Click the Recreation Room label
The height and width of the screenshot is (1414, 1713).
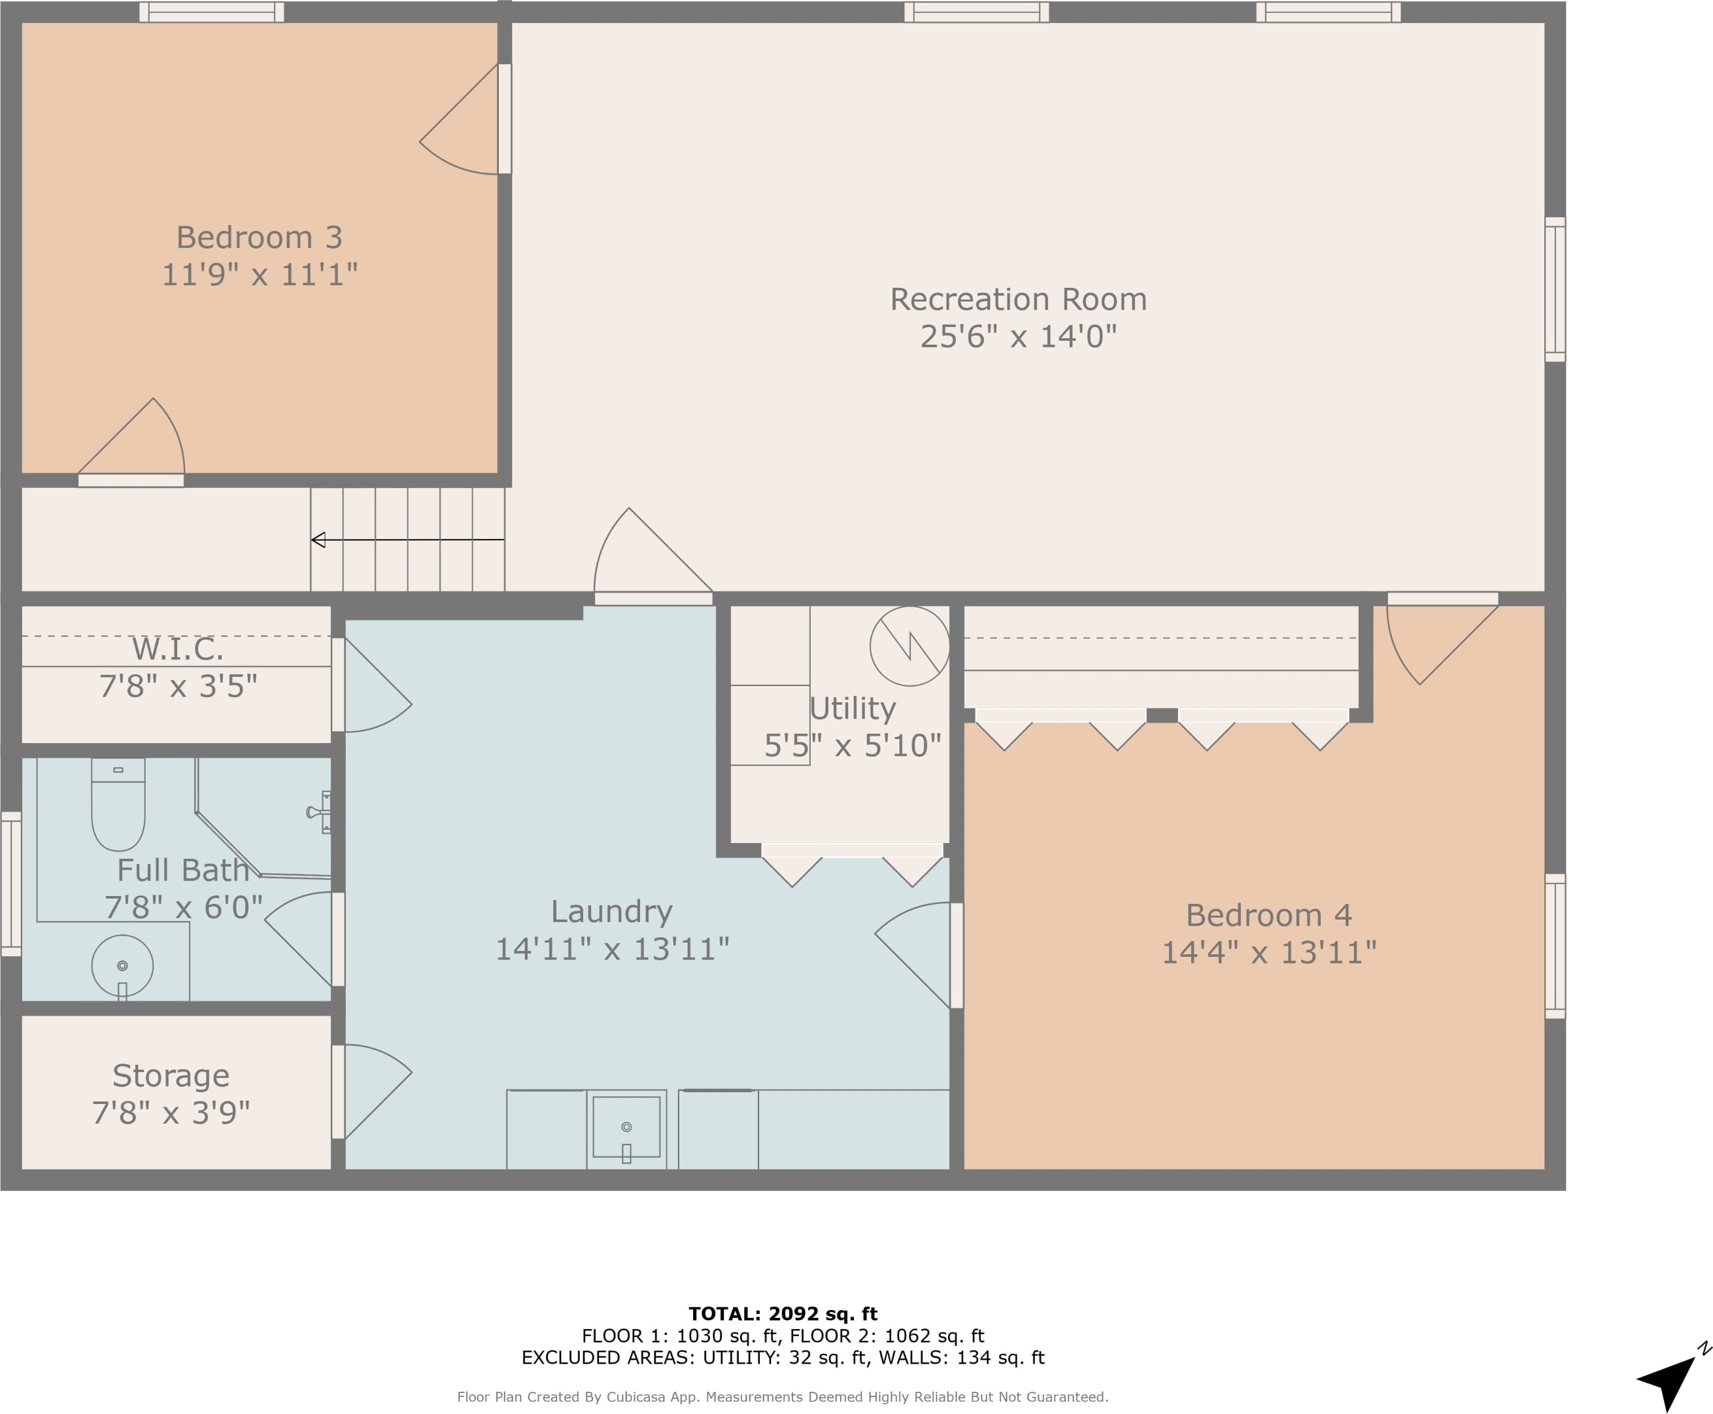[1018, 300]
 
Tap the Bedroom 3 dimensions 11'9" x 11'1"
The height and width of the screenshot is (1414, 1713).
[260, 275]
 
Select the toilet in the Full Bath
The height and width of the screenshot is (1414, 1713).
[118, 804]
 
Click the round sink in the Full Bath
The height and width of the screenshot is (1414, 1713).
[122, 965]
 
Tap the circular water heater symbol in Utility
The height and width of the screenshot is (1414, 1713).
[909, 646]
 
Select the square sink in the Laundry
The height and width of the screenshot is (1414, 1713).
[626, 1128]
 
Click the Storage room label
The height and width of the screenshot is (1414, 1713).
[171, 1076]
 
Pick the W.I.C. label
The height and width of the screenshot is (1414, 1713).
[177, 649]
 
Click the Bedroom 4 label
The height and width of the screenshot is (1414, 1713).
[1268, 916]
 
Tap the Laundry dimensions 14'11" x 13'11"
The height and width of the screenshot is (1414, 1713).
[612, 949]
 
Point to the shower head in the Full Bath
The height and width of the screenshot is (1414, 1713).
[318, 812]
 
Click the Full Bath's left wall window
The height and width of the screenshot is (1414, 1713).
[10, 884]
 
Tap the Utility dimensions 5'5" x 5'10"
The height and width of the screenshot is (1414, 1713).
[853, 746]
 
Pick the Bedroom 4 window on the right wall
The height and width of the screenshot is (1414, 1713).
[1555, 946]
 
